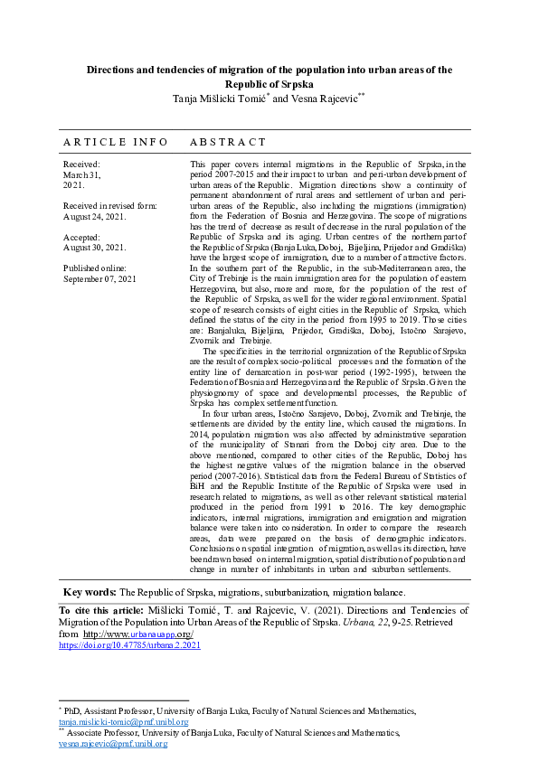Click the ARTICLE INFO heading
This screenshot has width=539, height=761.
[115, 142]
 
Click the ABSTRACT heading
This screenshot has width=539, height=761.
[228, 142]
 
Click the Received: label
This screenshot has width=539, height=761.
[81, 164]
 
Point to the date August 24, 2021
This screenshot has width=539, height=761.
[95, 216]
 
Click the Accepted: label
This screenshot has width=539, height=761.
[83, 237]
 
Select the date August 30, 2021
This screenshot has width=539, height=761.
[95, 247]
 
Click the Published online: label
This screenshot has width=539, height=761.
[95, 268]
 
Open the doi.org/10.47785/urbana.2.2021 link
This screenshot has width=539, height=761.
[129, 646]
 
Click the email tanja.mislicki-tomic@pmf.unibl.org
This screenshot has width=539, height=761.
[123, 722]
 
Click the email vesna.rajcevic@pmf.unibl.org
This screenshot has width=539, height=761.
[113, 744]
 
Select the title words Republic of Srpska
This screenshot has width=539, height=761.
[269, 81]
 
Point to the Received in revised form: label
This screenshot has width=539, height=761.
[109, 206]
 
